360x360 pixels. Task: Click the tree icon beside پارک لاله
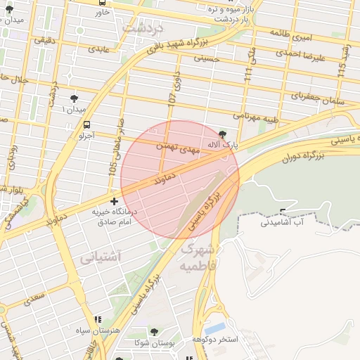pyautogui.click(x=223, y=134)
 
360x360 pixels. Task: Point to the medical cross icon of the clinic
pyautogui.click(x=115, y=202)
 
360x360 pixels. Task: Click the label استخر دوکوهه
pyautogui.click(x=216, y=340)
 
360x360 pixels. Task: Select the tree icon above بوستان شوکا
pyautogui.click(x=155, y=332)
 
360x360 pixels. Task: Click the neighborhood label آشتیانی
pyautogui.click(x=100, y=257)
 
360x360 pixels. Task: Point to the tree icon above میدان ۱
pyautogui.click(x=75, y=98)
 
